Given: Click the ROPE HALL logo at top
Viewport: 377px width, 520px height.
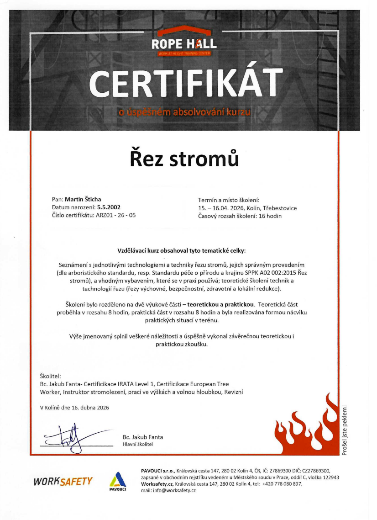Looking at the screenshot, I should pyautogui.click(x=184, y=44).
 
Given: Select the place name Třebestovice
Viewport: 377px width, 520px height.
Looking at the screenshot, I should pyautogui.click(x=279, y=208).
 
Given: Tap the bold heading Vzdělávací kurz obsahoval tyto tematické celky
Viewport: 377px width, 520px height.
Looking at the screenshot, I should pyautogui.click(x=181, y=251).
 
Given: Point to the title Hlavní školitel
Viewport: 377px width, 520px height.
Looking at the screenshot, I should pyautogui.click(x=137, y=444).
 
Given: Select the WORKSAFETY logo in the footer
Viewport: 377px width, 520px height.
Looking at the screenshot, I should pyautogui.click(x=63, y=481).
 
